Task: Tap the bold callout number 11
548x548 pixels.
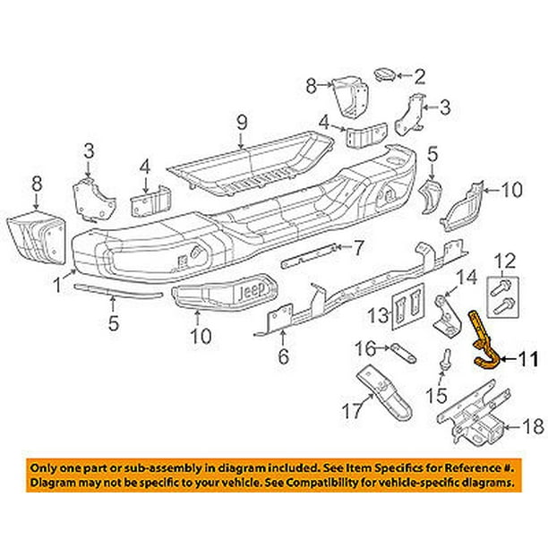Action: tap(527, 361)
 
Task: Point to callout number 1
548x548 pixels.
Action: tap(58, 287)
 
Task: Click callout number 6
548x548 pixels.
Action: tap(283, 360)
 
